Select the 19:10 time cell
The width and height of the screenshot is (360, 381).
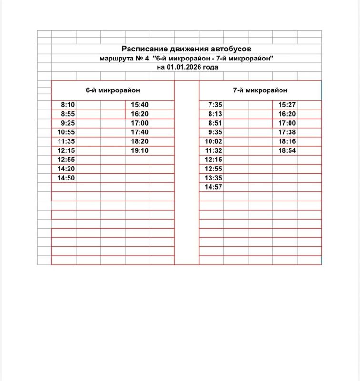pyautogui.click(x=140, y=150)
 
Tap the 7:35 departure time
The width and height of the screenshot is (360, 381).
pyautogui.click(x=215, y=105)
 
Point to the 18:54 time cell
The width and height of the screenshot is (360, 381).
pyautogui.click(x=287, y=150)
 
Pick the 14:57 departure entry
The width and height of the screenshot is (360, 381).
pyautogui.click(x=214, y=187)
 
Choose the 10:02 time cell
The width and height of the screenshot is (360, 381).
pyautogui.click(x=214, y=141)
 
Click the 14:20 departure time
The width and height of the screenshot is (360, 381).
pyautogui.click(x=66, y=169)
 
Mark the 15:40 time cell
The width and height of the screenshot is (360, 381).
pyautogui.click(x=140, y=105)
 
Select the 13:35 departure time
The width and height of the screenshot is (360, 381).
pyautogui.click(x=214, y=178)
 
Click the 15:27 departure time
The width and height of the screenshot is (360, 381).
pyautogui.click(x=287, y=105)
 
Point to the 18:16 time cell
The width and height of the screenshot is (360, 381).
pyautogui.click(x=287, y=141)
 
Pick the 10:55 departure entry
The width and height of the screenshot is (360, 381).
pyautogui.click(x=66, y=132)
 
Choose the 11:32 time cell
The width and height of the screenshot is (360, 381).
pyautogui.click(x=214, y=150)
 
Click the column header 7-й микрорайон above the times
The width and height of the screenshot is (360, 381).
pyautogui.click(x=260, y=90)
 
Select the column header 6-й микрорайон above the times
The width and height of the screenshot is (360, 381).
pyautogui.click(x=112, y=90)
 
